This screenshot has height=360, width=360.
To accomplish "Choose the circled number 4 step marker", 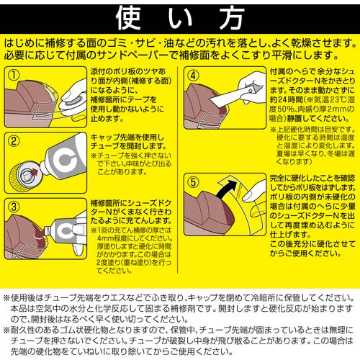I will (194, 75).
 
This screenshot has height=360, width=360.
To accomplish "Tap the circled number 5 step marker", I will (192, 181).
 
